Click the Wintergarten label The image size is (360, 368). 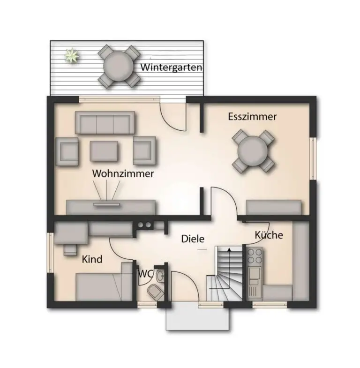coord(171,68)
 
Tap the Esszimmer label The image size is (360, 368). coord(252,117)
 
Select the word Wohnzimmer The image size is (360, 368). coord(123,173)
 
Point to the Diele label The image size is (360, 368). coord(193,239)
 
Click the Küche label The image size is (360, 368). coord(269,235)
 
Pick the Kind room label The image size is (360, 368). coord(92,259)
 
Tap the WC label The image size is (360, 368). coord(145,274)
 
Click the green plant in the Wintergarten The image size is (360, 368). coord(72,55)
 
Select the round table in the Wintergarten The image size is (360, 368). coord(119,66)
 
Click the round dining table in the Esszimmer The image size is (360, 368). coord(253,151)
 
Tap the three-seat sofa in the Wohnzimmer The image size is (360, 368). coord(105,123)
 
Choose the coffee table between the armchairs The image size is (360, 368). coord(104,151)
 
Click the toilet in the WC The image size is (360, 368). coord(156,292)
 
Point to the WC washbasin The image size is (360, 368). coord(160,276)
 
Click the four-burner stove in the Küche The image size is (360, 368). coord(255,256)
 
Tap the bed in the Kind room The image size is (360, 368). coord(104,287)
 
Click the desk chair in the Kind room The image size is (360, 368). coord(70,250)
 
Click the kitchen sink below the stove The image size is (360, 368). coord(255,273)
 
